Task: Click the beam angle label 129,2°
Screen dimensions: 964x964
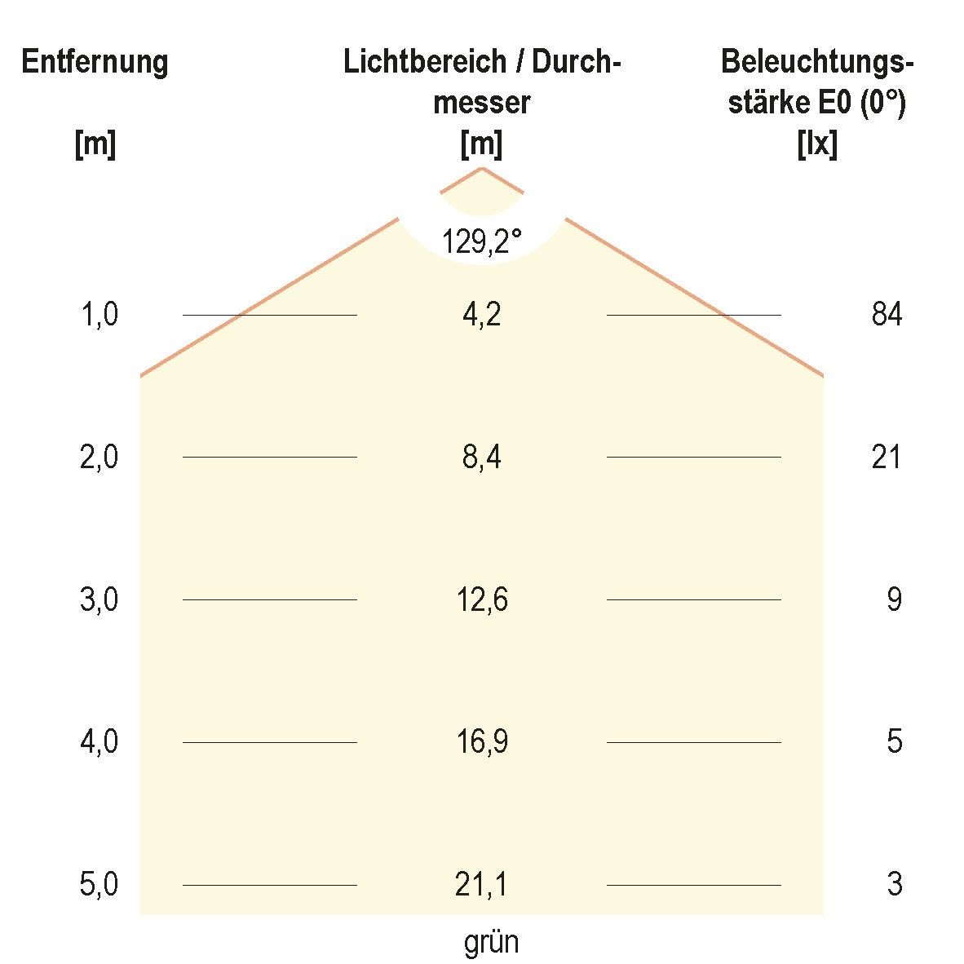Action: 481,241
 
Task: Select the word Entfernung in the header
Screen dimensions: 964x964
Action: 95,62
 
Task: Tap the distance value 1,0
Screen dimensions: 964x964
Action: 99,315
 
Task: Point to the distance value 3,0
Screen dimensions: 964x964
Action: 99,600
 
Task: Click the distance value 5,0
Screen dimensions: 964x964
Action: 99,885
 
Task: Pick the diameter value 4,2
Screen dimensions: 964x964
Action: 481,315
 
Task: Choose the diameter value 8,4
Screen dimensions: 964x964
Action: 481,458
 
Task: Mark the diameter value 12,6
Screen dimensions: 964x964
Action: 481,600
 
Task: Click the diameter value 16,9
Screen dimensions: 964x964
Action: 481,742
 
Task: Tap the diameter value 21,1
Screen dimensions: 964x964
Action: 481,885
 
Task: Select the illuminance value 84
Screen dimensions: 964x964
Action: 887,315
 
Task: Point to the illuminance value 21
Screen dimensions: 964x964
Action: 887,458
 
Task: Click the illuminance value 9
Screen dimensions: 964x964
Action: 895,600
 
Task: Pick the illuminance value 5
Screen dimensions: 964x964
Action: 895,742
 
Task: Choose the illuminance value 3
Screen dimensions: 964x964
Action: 895,885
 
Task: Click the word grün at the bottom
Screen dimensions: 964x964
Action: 491,944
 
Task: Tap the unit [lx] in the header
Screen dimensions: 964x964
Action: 817,145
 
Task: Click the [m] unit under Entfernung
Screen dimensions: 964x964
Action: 95,145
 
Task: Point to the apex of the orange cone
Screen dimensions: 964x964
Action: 482,169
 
